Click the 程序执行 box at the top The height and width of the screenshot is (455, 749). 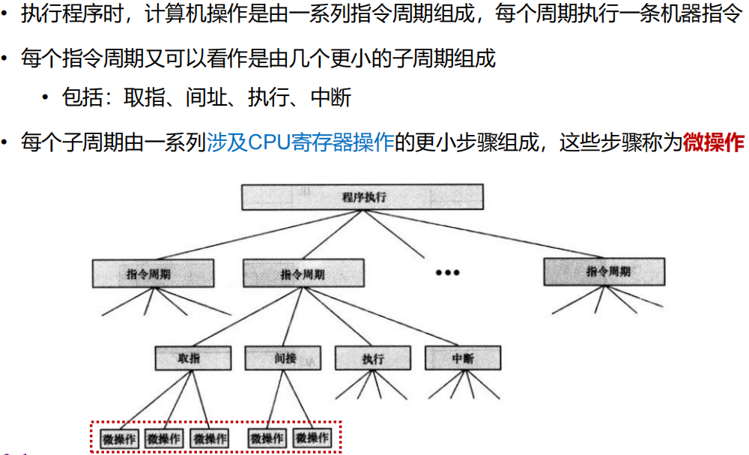(363, 196)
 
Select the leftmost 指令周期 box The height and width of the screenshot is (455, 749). (153, 273)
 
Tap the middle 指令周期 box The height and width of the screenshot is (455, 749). (303, 274)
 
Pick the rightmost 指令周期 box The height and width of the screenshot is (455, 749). (604, 271)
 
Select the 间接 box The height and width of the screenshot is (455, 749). (282, 358)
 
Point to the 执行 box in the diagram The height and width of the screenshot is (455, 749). (372, 358)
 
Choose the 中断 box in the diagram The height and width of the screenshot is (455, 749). (462, 358)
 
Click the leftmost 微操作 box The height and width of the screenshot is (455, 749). (118, 438)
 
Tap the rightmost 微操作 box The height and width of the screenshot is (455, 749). (312, 438)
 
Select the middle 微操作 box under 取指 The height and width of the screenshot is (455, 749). (164, 438)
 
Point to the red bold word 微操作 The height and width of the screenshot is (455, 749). (713, 142)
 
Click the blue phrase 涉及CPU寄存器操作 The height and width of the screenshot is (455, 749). (300, 142)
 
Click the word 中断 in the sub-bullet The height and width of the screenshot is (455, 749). (330, 97)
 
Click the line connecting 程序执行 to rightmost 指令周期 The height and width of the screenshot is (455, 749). (479, 235)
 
